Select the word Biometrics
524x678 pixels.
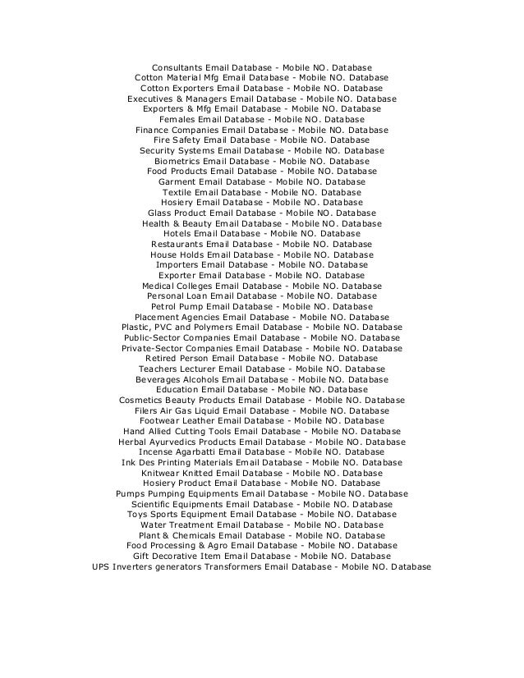182,161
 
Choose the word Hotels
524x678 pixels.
182,233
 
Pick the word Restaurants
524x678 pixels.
177,244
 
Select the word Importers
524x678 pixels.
181,264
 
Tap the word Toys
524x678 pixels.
140,515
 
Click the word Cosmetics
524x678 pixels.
145,401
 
